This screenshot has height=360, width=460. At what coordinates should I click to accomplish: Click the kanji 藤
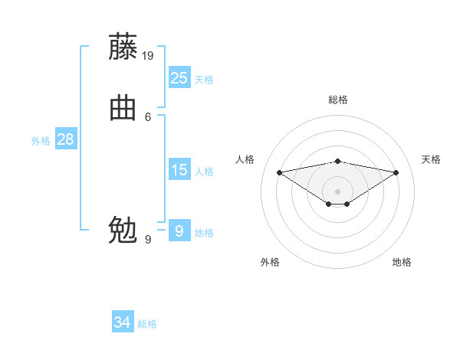tap(123, 47)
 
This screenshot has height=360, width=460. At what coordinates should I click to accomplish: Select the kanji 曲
tap(123, 108)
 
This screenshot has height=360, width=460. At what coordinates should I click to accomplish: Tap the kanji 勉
tap(123, 229)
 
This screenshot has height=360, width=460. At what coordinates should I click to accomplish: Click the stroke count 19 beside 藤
tap(149, 55)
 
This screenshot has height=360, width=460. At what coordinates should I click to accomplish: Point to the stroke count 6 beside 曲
tap(148, 116)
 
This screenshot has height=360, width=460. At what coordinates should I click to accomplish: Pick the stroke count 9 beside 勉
tap(148, 239)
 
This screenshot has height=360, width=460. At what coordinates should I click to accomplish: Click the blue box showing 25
tap(179, 77)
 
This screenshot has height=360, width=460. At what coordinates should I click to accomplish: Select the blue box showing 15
tap(179, 169)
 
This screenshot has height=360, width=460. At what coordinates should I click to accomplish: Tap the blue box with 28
tap(65, 139)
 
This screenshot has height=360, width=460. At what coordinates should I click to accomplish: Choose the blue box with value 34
tap(122, 322)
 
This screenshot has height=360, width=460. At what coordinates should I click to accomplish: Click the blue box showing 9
tap(179, 231)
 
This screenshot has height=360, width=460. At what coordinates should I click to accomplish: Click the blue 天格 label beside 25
tap(204, 80)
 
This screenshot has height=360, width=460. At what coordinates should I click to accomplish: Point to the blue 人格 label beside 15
tap(204, 172)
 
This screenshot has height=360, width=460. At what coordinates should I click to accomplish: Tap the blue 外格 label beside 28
tap(41, 141)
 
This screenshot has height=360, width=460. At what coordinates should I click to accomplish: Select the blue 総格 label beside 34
tap(147, 325)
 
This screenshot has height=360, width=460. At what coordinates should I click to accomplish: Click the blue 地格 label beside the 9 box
tap(204, 233)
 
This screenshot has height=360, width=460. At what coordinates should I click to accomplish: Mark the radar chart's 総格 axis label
tap(337, 100)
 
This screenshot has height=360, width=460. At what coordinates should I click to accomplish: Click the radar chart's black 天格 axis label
tap(431, 159)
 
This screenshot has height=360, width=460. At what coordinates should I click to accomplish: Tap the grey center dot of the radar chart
tap(337, 191)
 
